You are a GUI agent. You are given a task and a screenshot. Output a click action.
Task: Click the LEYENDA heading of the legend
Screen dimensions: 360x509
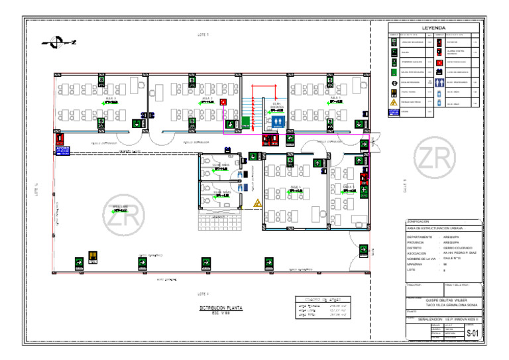(x=433, y=28)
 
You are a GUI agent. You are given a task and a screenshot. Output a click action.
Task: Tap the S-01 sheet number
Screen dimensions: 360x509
(x=471, y=333)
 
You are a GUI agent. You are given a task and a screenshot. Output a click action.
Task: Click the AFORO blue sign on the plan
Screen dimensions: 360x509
(x=62, y=150)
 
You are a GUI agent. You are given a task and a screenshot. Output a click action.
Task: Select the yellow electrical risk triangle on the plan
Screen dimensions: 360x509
(x=256, y=203)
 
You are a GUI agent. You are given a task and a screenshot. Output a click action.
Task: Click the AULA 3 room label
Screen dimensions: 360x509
(x=111, y=97)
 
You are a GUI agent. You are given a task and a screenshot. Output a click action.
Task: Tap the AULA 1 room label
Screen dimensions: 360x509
(x=336, y=97)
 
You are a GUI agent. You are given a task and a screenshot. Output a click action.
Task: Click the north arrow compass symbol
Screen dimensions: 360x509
(x=58, y=42)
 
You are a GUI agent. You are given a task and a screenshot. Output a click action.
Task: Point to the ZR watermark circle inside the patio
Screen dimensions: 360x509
(x=123, y=217)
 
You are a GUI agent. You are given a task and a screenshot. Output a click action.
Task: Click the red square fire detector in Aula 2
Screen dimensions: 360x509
(x=223, y=101)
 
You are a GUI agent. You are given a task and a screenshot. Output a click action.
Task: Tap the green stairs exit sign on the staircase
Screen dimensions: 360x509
(x=245, y=122)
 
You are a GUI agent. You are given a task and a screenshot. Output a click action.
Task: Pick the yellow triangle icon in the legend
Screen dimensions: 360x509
(x=394, y=102)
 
